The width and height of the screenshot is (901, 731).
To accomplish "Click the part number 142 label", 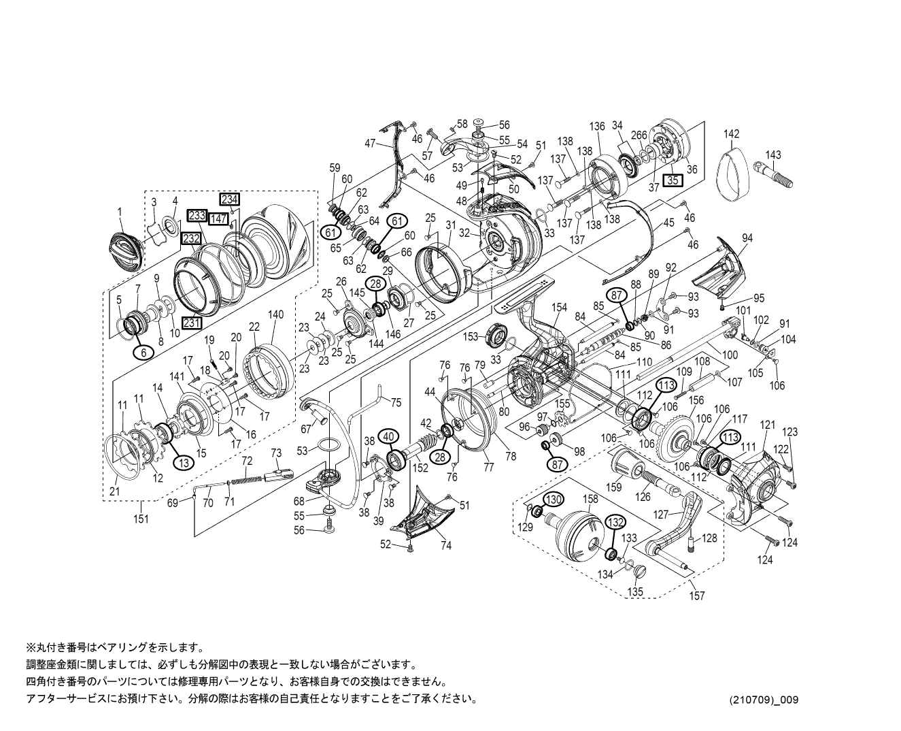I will point(731,134).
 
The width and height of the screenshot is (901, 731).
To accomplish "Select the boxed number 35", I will point(673,180).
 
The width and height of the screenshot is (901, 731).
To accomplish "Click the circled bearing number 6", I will point(143,352).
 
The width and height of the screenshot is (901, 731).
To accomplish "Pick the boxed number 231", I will point(192,323).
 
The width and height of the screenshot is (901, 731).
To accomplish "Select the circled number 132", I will point(615,522).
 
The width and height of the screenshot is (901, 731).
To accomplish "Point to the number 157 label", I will point(696,596).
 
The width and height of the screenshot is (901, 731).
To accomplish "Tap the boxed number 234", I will point(229,199).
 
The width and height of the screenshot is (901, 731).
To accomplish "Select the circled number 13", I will point(183,461).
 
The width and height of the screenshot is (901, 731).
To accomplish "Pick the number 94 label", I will point(747,238).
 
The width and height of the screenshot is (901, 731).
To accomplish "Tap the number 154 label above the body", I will point(559,308).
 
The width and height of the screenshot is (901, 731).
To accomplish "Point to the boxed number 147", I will point(218,218).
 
